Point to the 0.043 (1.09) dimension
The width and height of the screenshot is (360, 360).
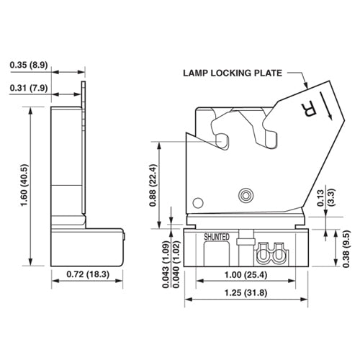166,264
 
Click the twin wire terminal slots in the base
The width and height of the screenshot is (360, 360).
271,253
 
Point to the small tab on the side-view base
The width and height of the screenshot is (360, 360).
124,235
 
